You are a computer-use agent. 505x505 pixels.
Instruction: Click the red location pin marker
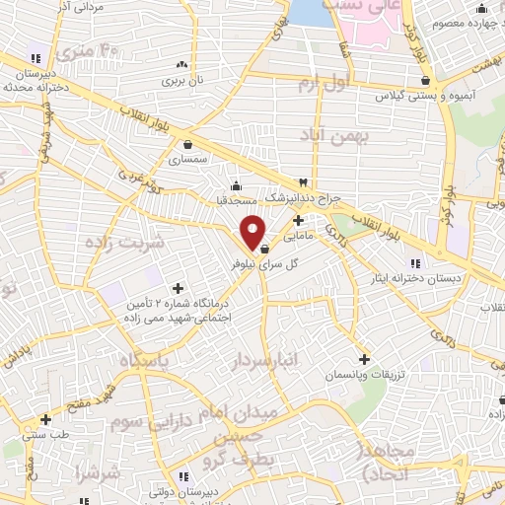tap(253, 233)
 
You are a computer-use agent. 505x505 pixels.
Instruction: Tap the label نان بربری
tap(182, 78)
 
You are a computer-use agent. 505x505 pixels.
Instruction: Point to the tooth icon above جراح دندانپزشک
tap(304, 182)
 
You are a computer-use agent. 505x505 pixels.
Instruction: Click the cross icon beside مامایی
tap(298, 221)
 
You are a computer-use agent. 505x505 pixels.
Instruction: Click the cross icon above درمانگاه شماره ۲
tap(178, 289)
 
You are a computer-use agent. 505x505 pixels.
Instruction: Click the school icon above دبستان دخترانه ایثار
tap(414, 262)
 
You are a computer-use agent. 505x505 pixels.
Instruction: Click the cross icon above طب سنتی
tap(45, 419)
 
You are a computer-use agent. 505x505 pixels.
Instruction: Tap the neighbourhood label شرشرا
tap(103, 474)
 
